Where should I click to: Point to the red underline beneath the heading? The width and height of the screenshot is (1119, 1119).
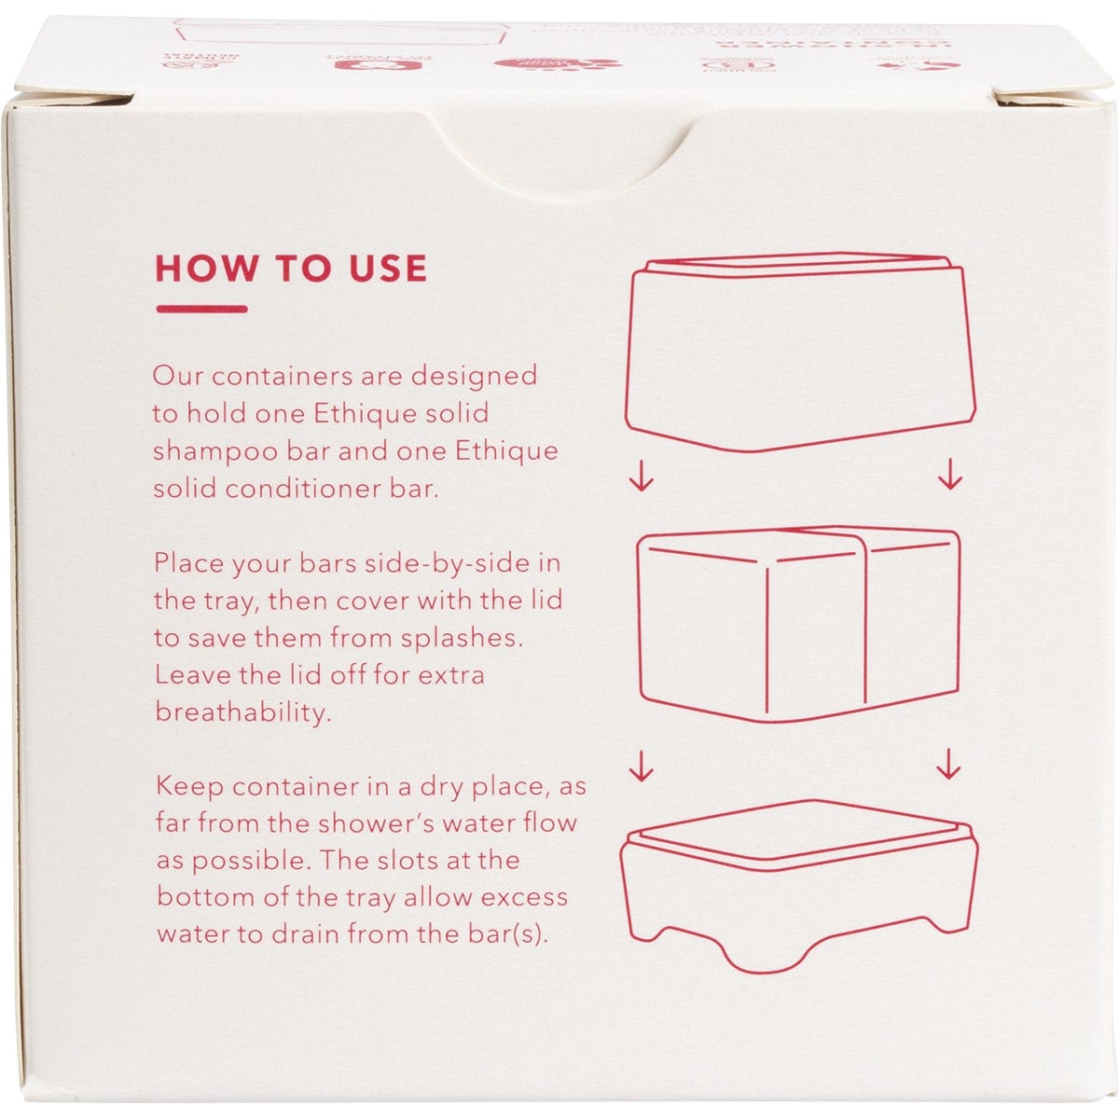coord(201,309)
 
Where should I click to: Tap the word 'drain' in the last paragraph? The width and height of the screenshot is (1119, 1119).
coord(320,934)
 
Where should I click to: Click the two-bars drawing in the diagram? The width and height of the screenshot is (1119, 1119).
coord(798,623)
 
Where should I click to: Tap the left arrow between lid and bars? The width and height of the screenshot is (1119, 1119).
coord(642,477)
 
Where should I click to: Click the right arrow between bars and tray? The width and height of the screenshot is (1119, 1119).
coord(949,765)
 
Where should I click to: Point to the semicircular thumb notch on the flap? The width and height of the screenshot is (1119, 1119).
coord(559,154)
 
